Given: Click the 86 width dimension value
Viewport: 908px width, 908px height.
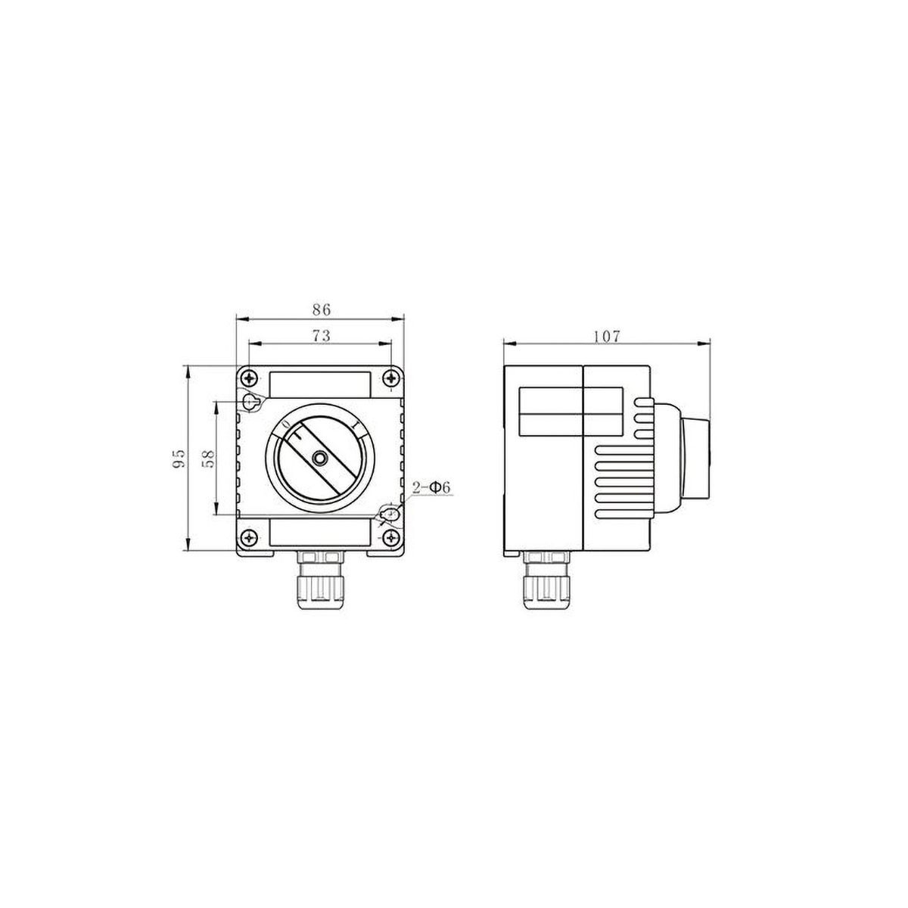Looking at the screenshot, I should pyautogui.click(x=322, y=309).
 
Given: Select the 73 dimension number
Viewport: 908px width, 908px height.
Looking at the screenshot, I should pyautogui.click(x=322, y=337).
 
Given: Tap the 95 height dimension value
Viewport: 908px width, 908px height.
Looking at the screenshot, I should pyautogui.click(x=179, y=459).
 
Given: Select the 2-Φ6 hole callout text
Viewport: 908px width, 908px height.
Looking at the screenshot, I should pyautogui.click(x=431, y=488).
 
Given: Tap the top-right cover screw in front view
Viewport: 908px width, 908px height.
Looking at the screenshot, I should pyautogui.click(x=390, y=378).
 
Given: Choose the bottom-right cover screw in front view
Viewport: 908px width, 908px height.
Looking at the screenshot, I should pyautogui.click(x=390, y=539).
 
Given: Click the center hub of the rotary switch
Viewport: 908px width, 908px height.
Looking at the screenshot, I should pyautogui.click(x=321, y=459).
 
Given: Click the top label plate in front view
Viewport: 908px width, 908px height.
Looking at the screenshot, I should pyautogui.click(x=321, y=384).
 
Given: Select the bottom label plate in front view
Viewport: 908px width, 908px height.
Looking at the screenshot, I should pyautogui.click(x=321, y=533).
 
